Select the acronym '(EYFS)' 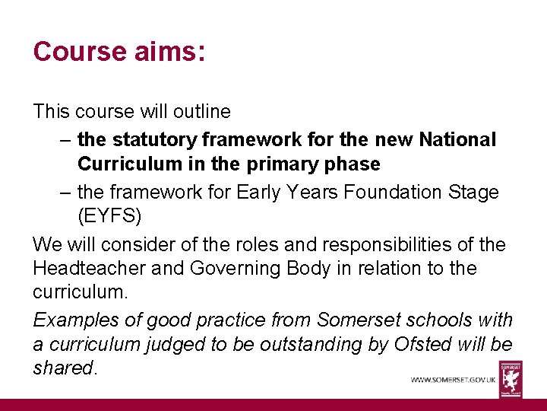[x=109, y=215]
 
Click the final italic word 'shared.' [x=65, y=368]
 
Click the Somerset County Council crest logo [x=511, y=378]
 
